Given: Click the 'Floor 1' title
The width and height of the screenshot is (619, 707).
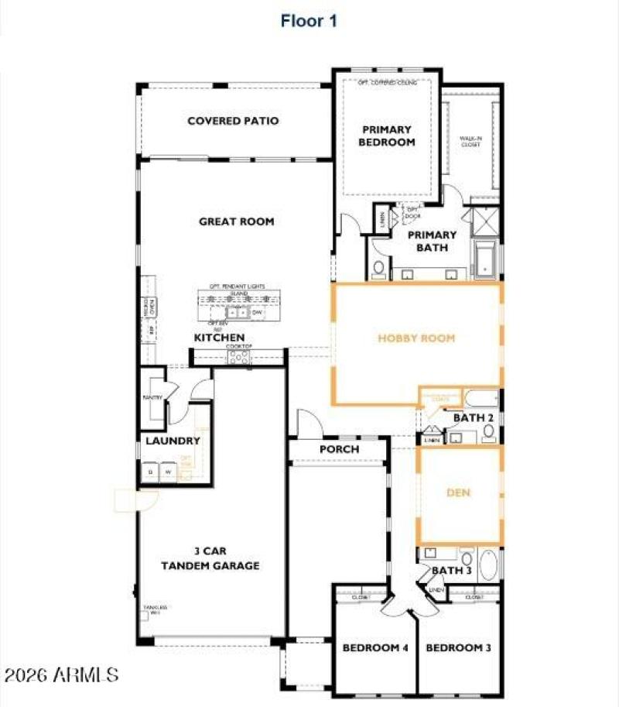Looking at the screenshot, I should pyautogui.click(x=309, y=21).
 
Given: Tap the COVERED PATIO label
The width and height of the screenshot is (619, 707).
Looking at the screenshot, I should pyautogui.click(x=233, y=121).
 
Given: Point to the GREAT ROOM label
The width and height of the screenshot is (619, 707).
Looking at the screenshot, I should pyautogui.click(x=236, y=221).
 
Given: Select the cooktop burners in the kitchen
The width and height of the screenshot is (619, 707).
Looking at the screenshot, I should pyautogui.click(x=238, y=356).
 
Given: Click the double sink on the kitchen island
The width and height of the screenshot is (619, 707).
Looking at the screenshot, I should pyautogui.click(x=237, y=312).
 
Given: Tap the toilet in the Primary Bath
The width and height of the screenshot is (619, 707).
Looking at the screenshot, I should pyautogui.click(x=378, y=268).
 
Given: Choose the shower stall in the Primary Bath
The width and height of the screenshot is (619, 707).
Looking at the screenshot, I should pyautogui.click(x=485, y=221).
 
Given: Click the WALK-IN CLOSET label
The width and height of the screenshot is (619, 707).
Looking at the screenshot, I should pyautogui.click(x=471, y=141).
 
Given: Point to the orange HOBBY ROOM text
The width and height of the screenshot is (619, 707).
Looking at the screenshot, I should pyautogui.click(x=416, y=338).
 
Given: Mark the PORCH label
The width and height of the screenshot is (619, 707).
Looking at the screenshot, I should pyautogui.click(x=339, y=449).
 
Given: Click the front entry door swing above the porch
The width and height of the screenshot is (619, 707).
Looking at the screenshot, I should pyautogui.click(x=307, y=424).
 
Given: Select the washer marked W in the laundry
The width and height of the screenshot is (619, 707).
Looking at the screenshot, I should pyautogui.click(x=167, y=472).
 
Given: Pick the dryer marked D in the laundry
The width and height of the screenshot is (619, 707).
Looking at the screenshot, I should pyautogui.click(x=150, y=472).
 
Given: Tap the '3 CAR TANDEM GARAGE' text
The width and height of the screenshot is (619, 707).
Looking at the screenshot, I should pyautogui.click(x=210, y=558).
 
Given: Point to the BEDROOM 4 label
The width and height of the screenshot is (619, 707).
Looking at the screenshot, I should pyautogui.click(x=375, y=647).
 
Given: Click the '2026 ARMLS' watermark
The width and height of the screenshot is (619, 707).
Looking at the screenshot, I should pyautogui.click(x=61, y=674).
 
